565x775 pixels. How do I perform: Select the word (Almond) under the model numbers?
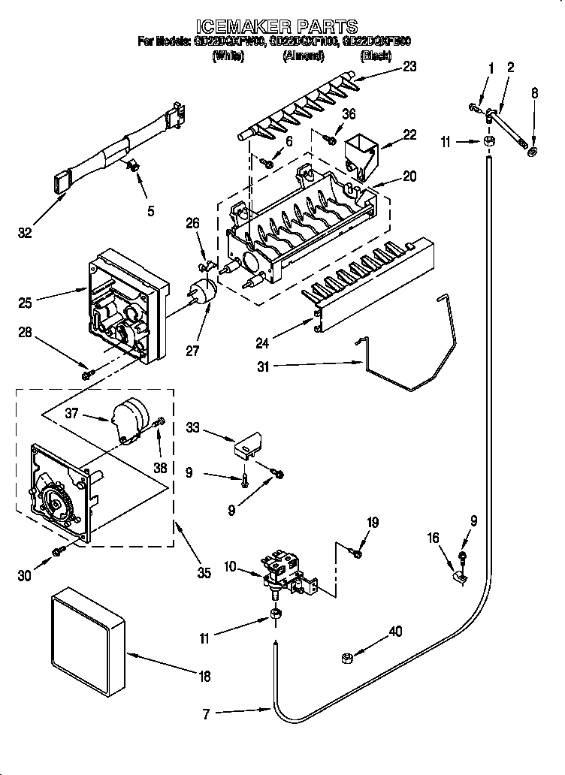pyautogui.click(x=303, y=56)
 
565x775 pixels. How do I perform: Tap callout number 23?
pyautogui.click(x=409, y=65)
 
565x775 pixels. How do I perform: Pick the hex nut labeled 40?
pyautogui.click(x=347, y=657)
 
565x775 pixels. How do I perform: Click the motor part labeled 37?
pyautogui.click(x=131, y=419)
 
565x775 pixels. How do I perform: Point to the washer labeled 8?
pyautogui.click(x=533, y=153)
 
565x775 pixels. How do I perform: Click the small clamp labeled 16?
pyautogui.click(x=458, y=577)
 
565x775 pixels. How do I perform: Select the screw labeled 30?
pyautogui.click(x=56, y=553)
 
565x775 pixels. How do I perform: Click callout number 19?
pyautogui.click(x=373, y=523)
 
